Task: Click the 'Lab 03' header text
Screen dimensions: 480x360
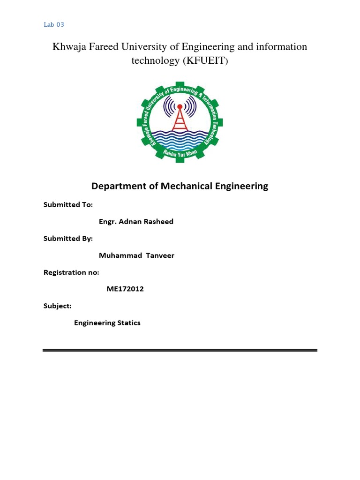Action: [x=53, y=25]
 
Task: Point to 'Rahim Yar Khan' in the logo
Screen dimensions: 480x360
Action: [x=179, y=152]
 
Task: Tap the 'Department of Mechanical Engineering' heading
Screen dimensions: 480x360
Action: [x=180, y=186]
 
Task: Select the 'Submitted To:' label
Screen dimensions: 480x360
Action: [x=68, y=204]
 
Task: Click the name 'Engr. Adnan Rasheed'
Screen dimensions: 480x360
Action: [x=136, y=221]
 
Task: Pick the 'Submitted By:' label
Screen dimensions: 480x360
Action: [x=68, y=238]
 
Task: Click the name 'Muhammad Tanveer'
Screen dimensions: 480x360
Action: [x=136, y=255]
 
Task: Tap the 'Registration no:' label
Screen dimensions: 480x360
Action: [x=71, y=272]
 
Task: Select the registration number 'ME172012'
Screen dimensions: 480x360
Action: [x=125, y=289]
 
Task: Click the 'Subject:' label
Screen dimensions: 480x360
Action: [x=58, y=306]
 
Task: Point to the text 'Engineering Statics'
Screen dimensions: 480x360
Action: [x=107, y=322]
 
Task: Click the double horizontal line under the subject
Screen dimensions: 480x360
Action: [x=180, y=350]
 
